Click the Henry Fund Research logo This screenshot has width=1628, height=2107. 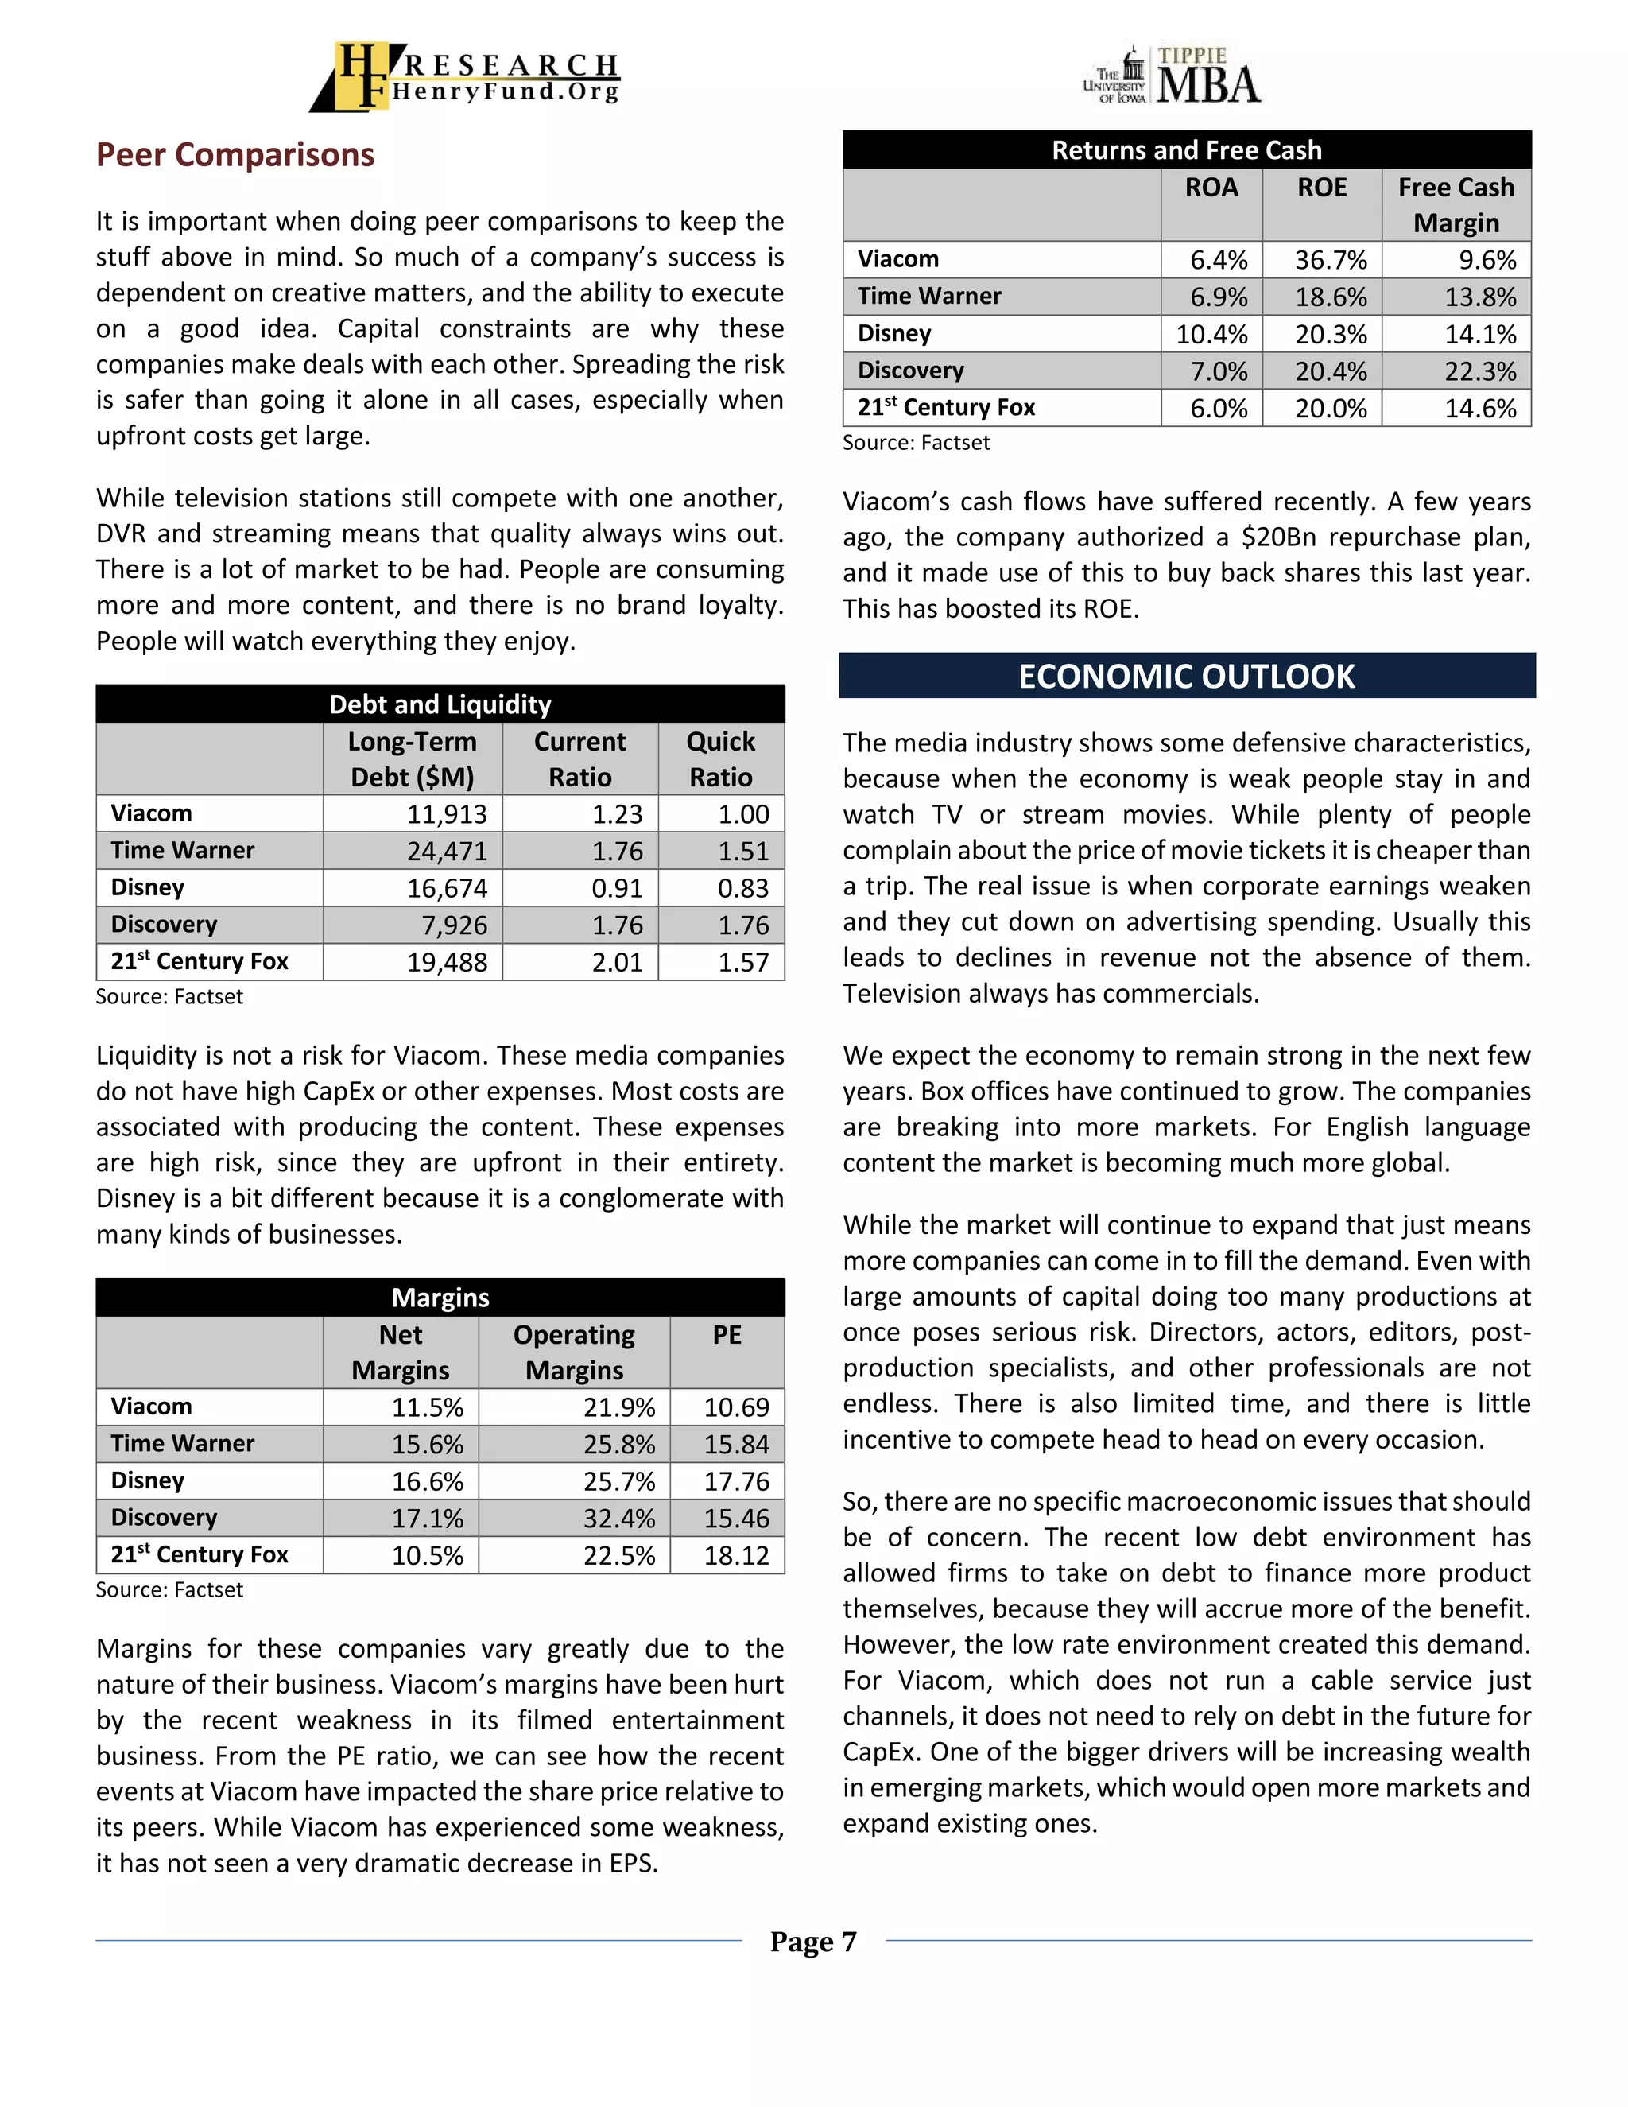point(465,76)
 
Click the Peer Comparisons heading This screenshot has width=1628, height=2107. point(235,154)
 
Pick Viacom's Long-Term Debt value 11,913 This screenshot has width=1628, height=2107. point(447,814)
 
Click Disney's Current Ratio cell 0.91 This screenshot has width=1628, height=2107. point(616,889)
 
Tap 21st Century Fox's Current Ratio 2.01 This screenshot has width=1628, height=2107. point(616,962)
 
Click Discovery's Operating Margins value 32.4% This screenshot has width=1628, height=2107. point(618,1519)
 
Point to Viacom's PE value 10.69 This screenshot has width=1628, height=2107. point(736,1407)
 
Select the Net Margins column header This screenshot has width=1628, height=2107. point(401,1352)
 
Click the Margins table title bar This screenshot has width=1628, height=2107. point(440,1298)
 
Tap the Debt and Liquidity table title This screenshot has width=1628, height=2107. point(440,704)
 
